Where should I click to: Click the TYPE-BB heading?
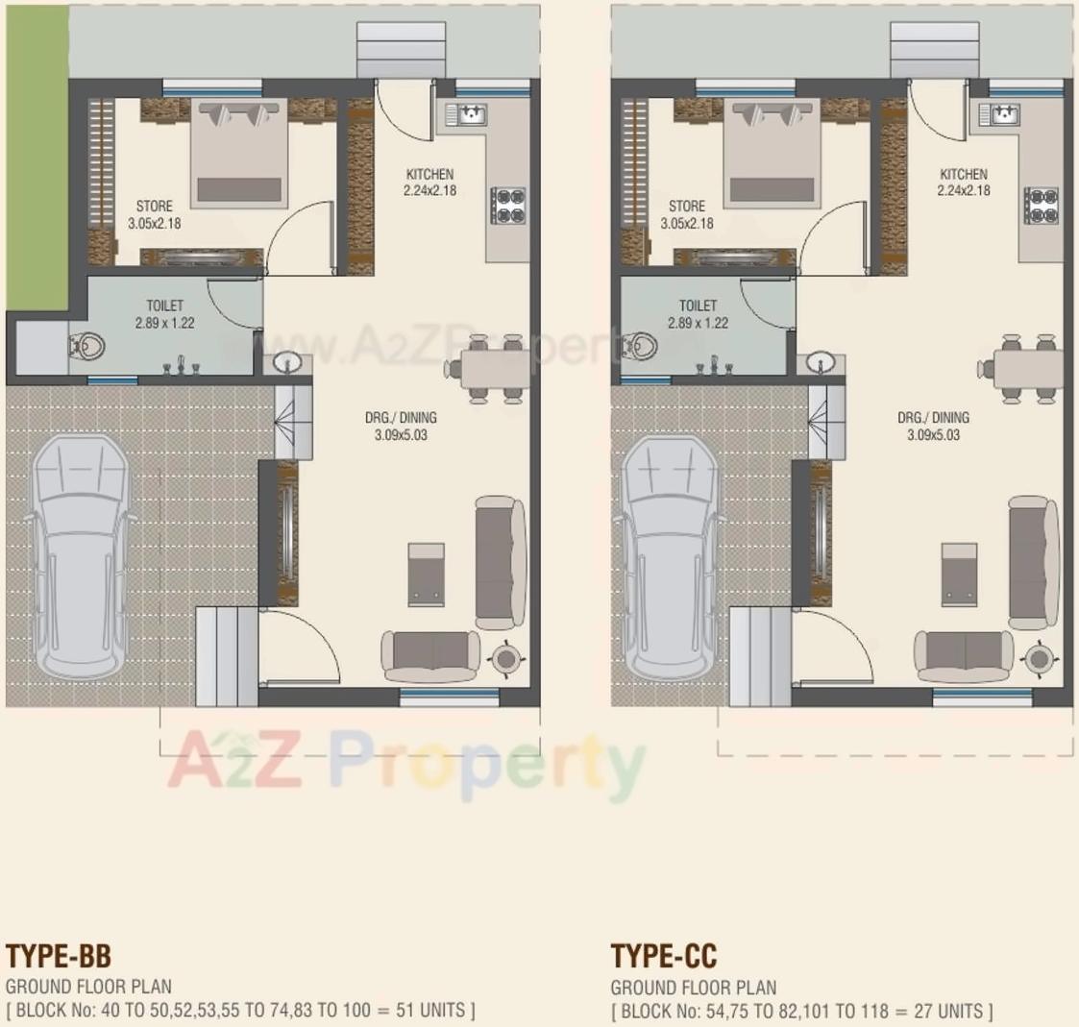[59, 956]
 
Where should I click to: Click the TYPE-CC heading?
[664, 956]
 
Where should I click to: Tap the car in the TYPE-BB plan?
[81, 557]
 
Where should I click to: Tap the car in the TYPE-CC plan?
[670, 557]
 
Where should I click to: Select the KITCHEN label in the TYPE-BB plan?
[429, 175]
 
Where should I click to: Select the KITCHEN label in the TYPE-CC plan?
[963, 175]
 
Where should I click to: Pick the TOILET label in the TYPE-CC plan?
[698, 306]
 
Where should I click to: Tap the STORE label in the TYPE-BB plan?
[154, 207]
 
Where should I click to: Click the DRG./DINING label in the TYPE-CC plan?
[933, 418]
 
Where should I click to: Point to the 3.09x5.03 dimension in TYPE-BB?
[401, 435]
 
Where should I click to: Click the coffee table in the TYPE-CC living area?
[959, 575]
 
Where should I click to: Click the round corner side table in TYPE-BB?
[505, 658]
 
